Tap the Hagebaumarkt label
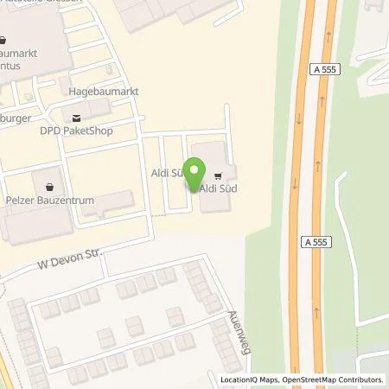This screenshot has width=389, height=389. point(103,91)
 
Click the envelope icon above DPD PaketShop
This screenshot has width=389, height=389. point(77,118)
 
